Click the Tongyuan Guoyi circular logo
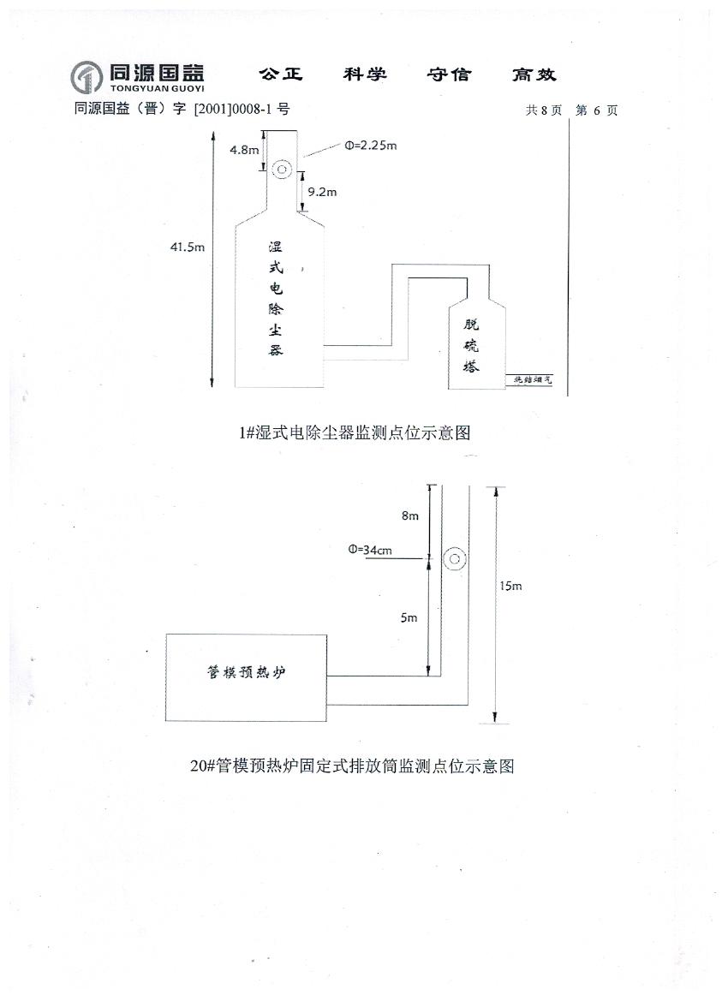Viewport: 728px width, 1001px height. pos(87,77)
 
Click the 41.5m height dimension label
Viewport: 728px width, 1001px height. pos(188,247)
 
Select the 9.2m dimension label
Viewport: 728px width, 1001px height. pos(322,192)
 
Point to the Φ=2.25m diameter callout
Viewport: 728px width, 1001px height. pos(371,146)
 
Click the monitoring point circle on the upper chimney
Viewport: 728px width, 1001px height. pos(282,169)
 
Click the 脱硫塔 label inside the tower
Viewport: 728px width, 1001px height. pos(472,345)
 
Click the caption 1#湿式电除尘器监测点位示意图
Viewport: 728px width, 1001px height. pos(355,433)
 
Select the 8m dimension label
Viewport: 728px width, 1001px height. pos(410,516)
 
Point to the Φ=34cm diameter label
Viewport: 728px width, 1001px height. pos(370,550)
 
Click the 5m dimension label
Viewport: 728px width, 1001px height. pos(409,617)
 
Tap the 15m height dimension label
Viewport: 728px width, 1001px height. pos(510,586)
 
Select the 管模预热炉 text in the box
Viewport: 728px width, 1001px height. pos(246,673)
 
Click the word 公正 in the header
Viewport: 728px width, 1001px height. pos(281,74)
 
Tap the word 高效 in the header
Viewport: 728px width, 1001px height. pos(534,74)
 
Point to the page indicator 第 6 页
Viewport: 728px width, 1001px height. pos(596,110)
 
